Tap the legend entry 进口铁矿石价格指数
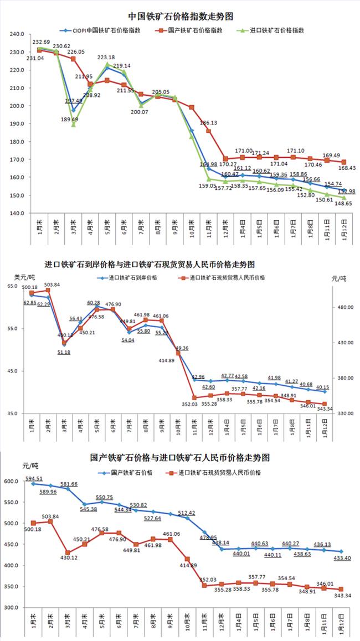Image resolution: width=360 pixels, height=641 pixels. click(x=277, y=31)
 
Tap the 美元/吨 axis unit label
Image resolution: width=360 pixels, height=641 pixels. click(x=24, y=277)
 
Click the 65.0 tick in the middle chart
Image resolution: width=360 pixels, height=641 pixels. click(x=13, y=286)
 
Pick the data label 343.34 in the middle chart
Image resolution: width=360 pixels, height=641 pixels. click(x=326, y=409)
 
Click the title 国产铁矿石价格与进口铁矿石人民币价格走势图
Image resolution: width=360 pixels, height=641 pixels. click(x=179, y=458)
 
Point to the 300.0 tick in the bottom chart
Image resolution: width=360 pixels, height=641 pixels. click(x=13, y=608)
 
